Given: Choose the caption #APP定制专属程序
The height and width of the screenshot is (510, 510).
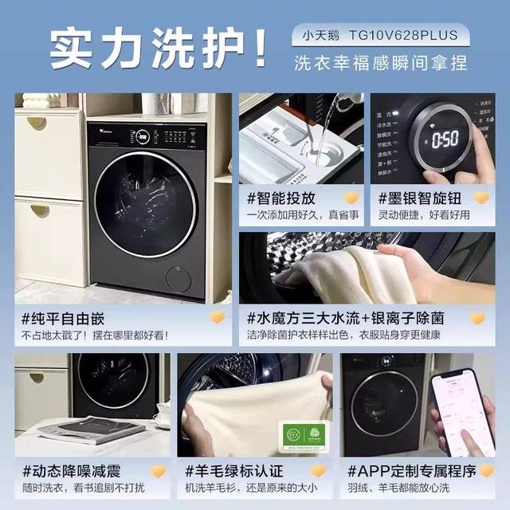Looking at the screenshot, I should pos(406,471).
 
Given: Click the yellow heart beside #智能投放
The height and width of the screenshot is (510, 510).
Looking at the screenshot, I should pos(351,197).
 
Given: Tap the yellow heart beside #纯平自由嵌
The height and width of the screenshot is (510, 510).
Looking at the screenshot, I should pos(217,318).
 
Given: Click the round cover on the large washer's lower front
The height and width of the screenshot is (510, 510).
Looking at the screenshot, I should pos(178,279).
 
